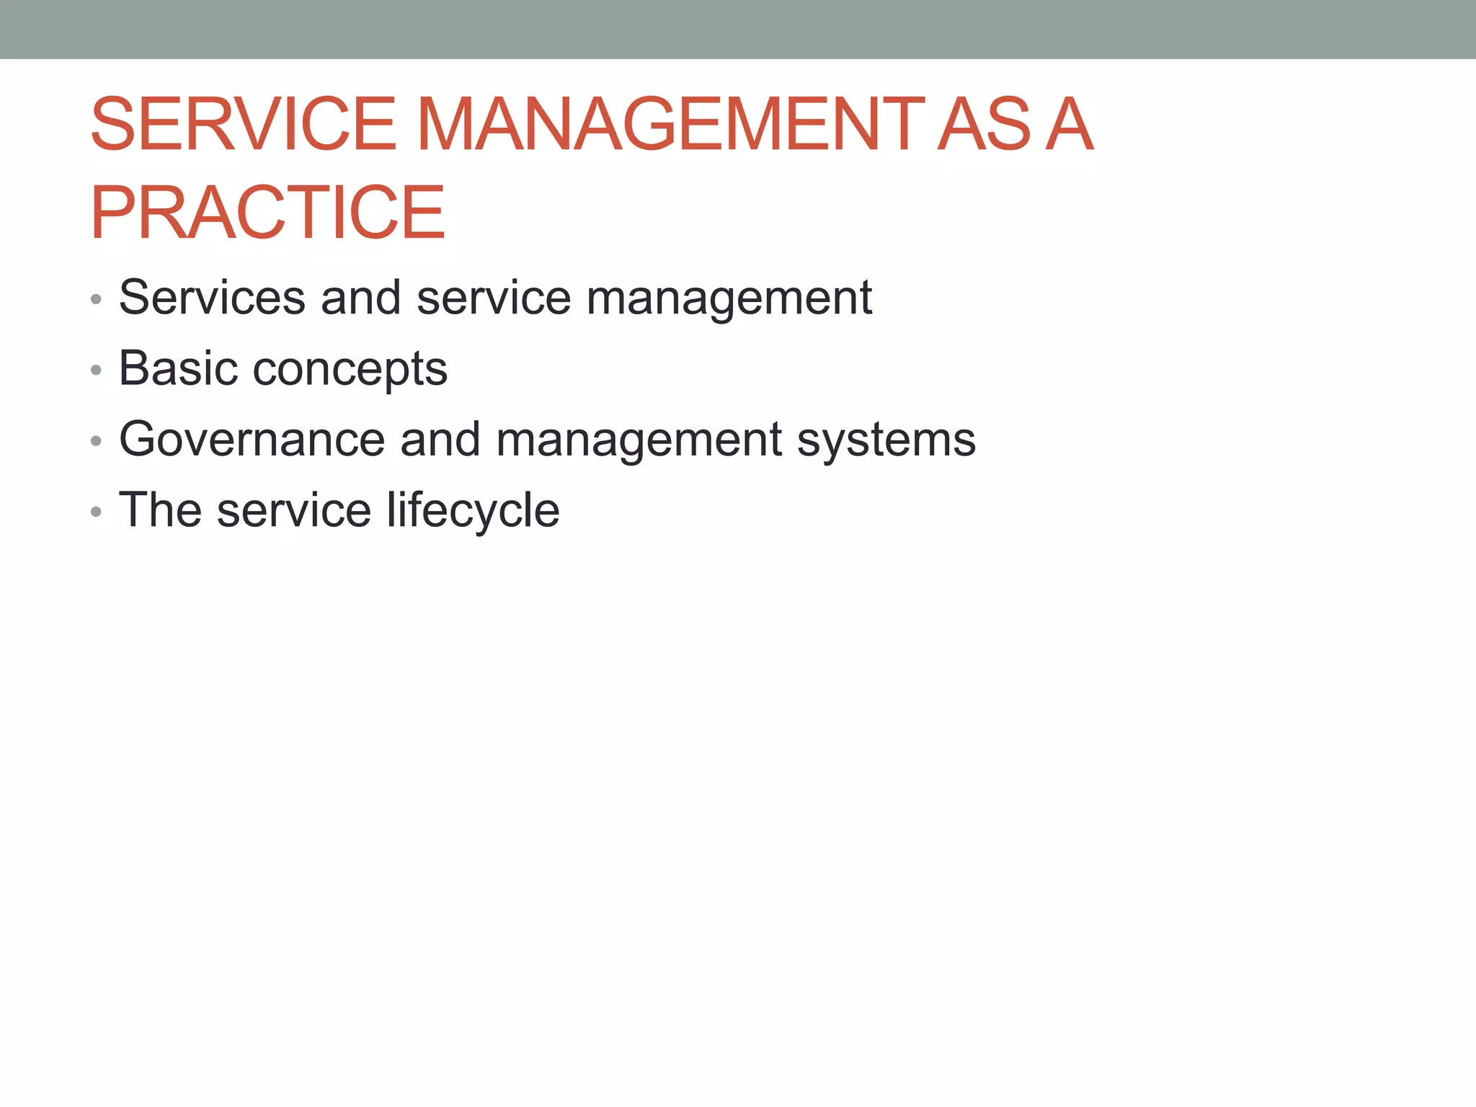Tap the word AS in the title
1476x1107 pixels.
point(984,125)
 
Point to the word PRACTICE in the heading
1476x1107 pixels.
point(267,213)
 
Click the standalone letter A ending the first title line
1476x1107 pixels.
point(1069,125)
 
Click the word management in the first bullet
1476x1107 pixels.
point(729,298)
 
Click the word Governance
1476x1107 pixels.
point(252,439)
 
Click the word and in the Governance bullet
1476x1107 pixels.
point(440,439)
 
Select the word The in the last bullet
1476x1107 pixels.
point(159,510)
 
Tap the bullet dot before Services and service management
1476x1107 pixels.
point(96,300)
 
